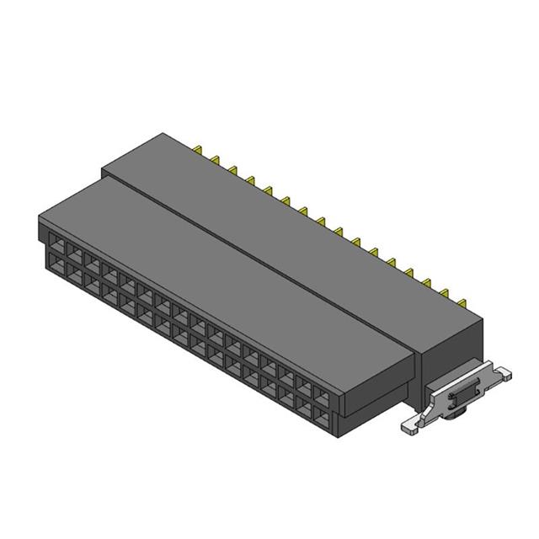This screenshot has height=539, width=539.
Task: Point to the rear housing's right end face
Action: click(x=455, y=345)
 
